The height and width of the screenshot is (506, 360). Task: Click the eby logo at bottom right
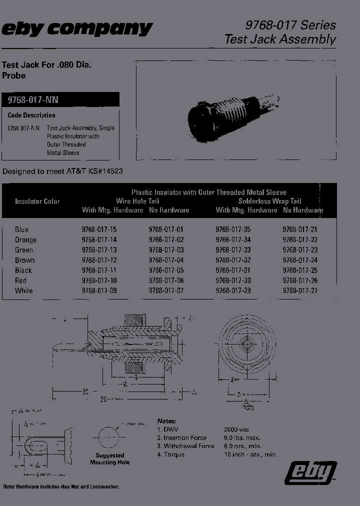click(x=310, y=472)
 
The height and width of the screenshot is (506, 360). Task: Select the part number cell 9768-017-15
click(x=99, y=229)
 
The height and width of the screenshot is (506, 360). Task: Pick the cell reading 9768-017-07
click(x=166, y=290)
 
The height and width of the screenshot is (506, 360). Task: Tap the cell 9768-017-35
click(x=233, y=229)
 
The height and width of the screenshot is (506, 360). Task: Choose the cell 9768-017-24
click(x=300, y=260)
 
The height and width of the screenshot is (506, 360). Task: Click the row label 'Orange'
click(x=25, y=239)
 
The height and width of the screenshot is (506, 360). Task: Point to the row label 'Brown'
click(x=25, y=260)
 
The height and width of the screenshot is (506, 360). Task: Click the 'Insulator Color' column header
click(x=37, y=201)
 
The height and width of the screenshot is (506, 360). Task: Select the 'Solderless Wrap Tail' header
click(x=269, y=201)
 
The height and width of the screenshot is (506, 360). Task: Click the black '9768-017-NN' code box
click(x=60, y=99)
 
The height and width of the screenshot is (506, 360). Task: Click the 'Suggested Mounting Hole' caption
click(x=110, y=459)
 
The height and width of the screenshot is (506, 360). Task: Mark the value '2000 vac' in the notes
click(x=238, y=429)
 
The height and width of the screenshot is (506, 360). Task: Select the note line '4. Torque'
click(x=171, y=454)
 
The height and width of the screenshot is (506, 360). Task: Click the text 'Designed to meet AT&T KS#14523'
click(x=63, y=171)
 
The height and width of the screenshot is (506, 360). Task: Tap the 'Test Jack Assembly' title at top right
click(x=280, y=39)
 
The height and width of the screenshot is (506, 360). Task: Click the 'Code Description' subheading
click(x=31, y=115)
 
